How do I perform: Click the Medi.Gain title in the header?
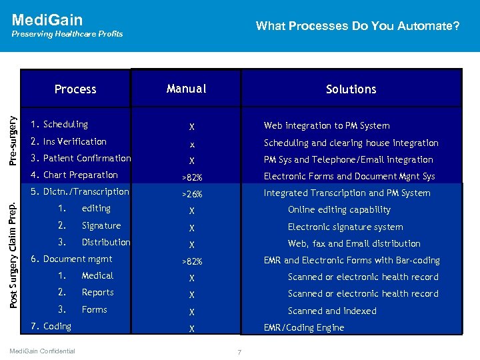[x=47, y=19]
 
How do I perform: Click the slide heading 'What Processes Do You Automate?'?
[x=357, y=26]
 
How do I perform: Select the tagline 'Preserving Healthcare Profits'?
[x=67, y=34]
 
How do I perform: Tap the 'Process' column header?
[x=75, y=89]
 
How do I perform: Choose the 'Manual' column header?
[x=187, y=89]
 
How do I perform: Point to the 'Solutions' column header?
[x=351, y=89]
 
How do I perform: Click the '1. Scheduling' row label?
[x=60, y=125]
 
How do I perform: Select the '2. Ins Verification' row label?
[x=69, y=141]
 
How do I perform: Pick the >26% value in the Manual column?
[x=192, y=195]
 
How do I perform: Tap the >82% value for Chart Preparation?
[x=192, y=177]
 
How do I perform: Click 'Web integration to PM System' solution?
[x=327, y=125]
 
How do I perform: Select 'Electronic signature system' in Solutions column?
[x=345, y=227]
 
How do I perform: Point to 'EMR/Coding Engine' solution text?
[x=304, y=327]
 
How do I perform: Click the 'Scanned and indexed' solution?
[x=332, y=311]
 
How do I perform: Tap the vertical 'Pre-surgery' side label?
[x=12, y=129]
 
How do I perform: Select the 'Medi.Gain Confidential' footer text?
[x=43, y=351]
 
